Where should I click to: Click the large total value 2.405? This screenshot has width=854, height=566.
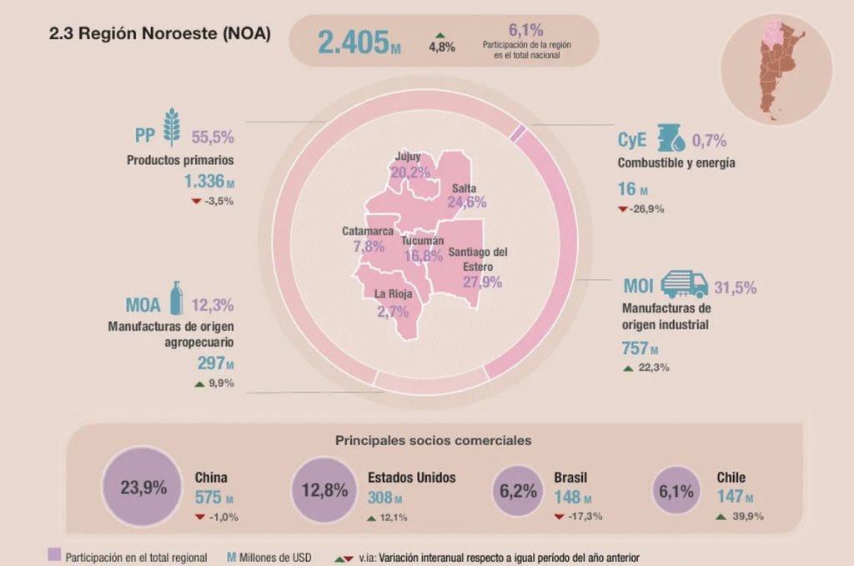coord(353,43)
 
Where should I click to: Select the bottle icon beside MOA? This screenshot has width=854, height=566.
coord(176,298)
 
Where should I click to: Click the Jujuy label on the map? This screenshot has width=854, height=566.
coord(409,157)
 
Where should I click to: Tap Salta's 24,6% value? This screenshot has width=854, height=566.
coord(467,202)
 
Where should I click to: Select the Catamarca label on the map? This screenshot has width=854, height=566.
coord(367,231)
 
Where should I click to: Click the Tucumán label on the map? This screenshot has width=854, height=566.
coord(422,241)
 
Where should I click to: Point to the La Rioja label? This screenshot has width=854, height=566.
coord(392,293)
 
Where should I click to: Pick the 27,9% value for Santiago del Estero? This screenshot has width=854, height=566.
coord(483,283)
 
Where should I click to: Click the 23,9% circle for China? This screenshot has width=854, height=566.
coord(143,488)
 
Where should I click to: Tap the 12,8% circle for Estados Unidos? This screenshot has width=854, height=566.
coord(324,490)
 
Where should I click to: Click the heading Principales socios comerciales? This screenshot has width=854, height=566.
coord(434,439)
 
